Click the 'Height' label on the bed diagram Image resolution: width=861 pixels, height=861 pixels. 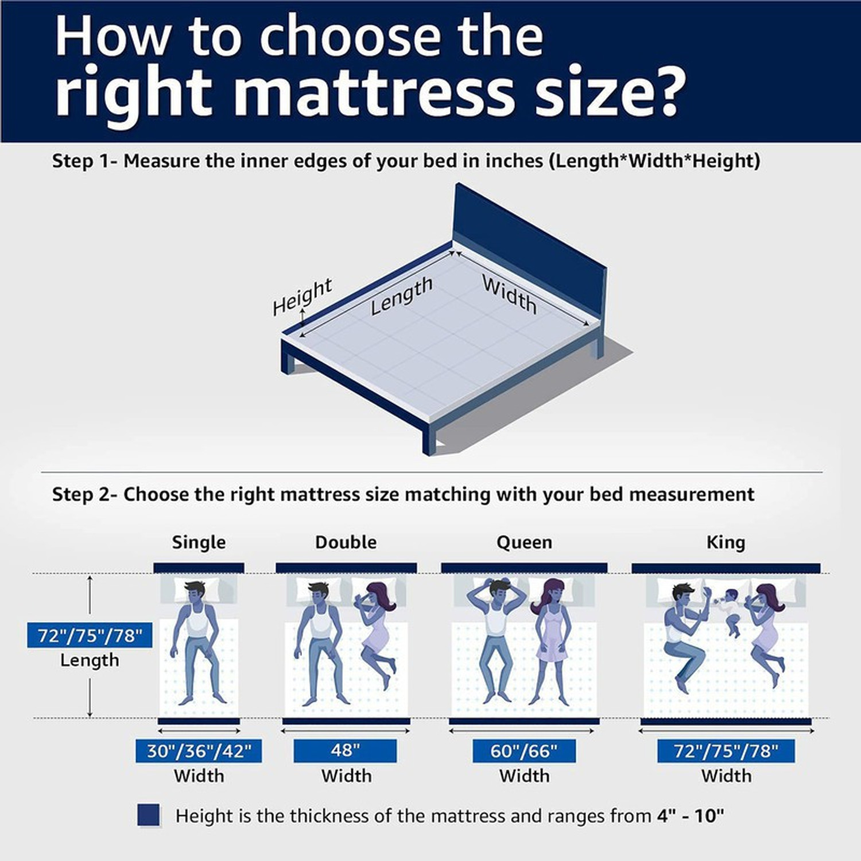pyautogui.click(x=302, y=297)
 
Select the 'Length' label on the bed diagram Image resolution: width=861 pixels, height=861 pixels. pyautogui.click(x=401, y=296)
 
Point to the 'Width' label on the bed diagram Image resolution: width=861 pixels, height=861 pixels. pyautogui.click(x=509, y=294)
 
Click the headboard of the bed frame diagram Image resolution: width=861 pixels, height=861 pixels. pyautogui.click(x=528, y=247)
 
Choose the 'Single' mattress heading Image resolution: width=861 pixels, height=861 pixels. pyautogui.click(x=199, y=542)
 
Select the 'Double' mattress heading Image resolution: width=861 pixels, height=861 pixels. pyautogui.click(x=346, y=542)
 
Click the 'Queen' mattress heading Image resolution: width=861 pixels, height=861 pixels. pyautogui.click(x=524, y=542)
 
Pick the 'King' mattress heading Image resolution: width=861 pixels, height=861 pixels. pyautogui.click(x=726, y=542)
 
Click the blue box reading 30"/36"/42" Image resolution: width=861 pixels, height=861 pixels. pyautogui.click(x=199, y=751)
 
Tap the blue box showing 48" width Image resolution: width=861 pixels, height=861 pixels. pyautogui.click(x=345, y=751)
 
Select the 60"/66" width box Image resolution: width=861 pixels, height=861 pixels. pyautogui.click(x=523, y=751)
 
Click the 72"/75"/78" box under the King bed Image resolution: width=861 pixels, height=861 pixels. pyautogui.click(x=726, y=751)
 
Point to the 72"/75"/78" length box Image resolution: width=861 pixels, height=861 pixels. pyautogui.click(x=90, y=635)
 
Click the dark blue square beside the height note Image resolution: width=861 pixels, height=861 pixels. pyautogui.click(x=149, y=815)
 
